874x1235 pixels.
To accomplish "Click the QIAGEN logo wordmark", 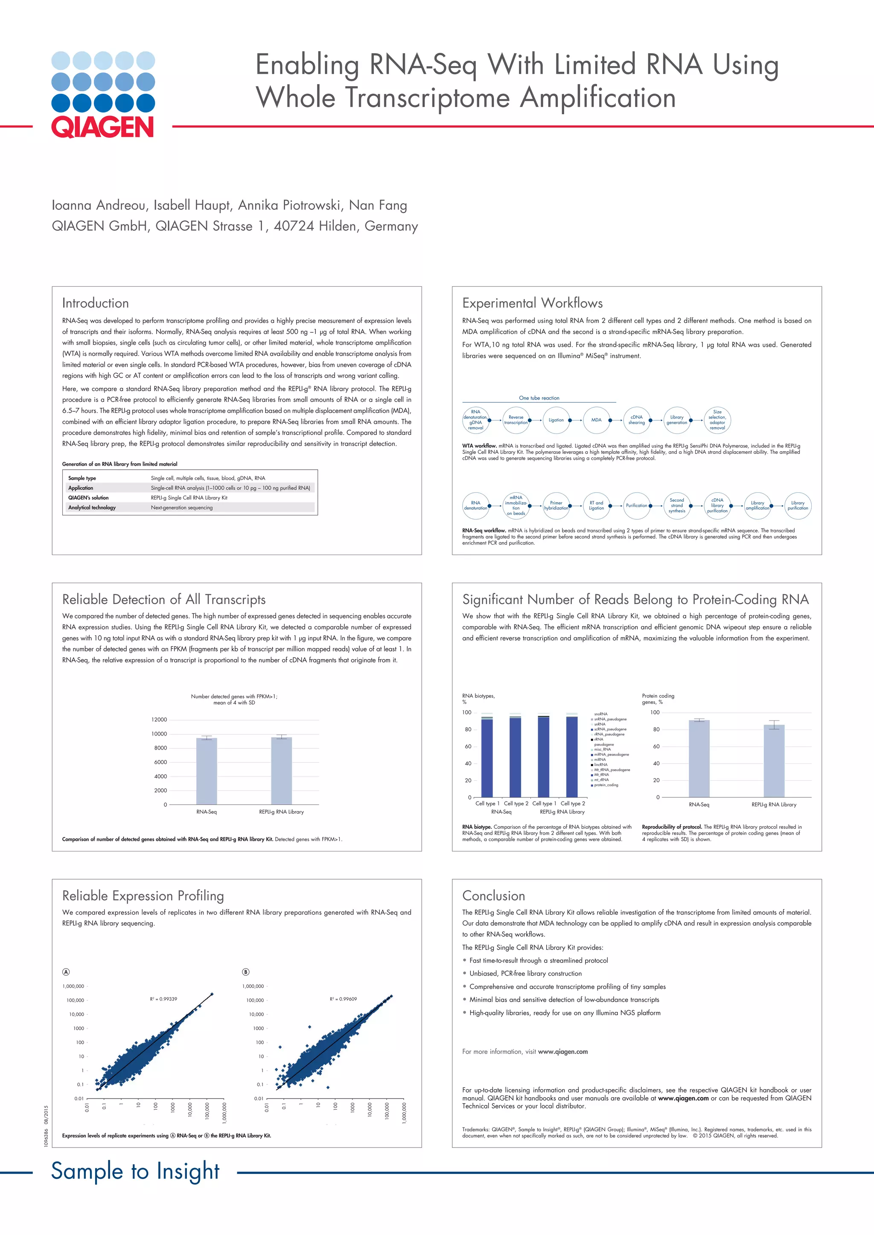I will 102,127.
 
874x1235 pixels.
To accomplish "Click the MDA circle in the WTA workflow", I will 596,420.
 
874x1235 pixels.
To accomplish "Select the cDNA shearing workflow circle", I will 636,420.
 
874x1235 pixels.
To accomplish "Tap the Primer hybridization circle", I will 556,506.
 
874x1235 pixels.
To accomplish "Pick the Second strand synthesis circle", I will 676,506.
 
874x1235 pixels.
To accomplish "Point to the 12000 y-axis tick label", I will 159,720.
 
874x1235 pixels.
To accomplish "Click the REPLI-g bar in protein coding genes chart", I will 774,761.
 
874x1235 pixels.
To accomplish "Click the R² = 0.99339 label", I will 163,999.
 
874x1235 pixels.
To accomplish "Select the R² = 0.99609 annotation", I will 344,999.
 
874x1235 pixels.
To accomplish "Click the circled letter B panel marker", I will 246,971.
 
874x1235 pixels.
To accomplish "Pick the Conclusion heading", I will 493,895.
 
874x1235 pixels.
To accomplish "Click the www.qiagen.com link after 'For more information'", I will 562,1052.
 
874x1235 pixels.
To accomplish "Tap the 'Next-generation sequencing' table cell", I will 181,507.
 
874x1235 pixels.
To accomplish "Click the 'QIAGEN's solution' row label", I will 88,497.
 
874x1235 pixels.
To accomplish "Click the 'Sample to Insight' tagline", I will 135,1171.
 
